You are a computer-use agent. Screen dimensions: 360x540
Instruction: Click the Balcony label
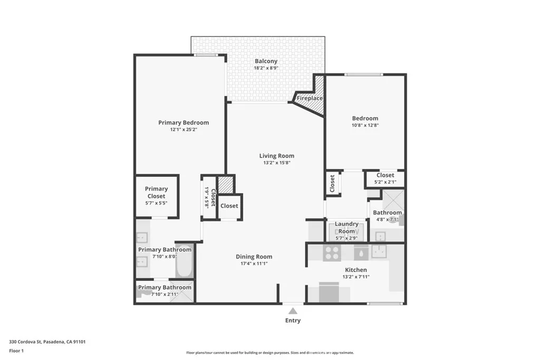[x=266, y=61]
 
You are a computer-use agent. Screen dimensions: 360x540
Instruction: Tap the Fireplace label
[x=310, y=99]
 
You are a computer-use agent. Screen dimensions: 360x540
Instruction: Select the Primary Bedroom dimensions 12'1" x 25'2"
[x=184, y=130]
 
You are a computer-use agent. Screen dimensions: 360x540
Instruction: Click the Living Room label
[x=276, y=155]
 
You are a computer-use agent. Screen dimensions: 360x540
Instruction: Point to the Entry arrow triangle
[x=293, y=312]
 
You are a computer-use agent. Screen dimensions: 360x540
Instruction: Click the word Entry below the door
[x=293, y=320]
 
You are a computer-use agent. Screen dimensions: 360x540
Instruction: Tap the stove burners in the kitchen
[x=332, y=253]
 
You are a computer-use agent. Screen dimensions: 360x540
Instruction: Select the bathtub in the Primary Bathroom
[x=185, y=262]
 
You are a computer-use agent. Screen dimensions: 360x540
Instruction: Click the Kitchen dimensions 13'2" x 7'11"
[x=355, y=277]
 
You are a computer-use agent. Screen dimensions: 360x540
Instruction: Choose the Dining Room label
[x=254, y=257]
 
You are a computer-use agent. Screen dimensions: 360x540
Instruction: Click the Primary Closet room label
[x=156, y=192]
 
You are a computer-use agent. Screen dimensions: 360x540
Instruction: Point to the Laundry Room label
[x=346, y=228]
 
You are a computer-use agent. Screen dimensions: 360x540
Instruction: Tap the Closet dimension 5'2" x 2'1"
[x=385, y=182]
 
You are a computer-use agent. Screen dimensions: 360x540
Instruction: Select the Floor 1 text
[x=17, y=351]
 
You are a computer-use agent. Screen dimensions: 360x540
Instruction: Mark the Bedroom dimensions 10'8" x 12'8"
[x=365, y=125]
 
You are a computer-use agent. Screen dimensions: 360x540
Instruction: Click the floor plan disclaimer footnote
[x=269, y=353]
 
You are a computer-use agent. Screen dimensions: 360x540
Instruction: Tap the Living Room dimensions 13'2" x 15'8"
[x=276, y=163]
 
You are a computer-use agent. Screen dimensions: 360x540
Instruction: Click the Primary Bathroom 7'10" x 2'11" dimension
[x=165, y=294]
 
